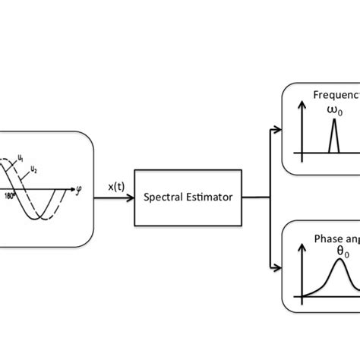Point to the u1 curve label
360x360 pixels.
(21, 159)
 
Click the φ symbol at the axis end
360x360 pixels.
(80, 185)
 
